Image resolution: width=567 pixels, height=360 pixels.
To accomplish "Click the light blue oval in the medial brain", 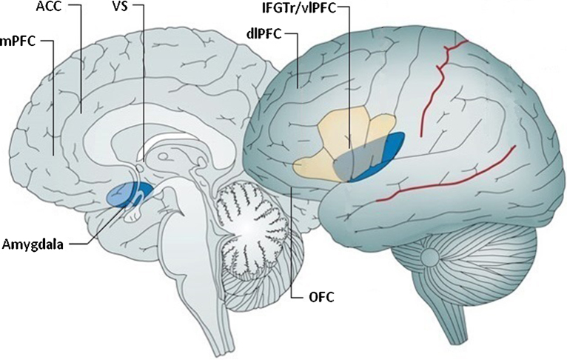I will (x=121, y=195).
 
